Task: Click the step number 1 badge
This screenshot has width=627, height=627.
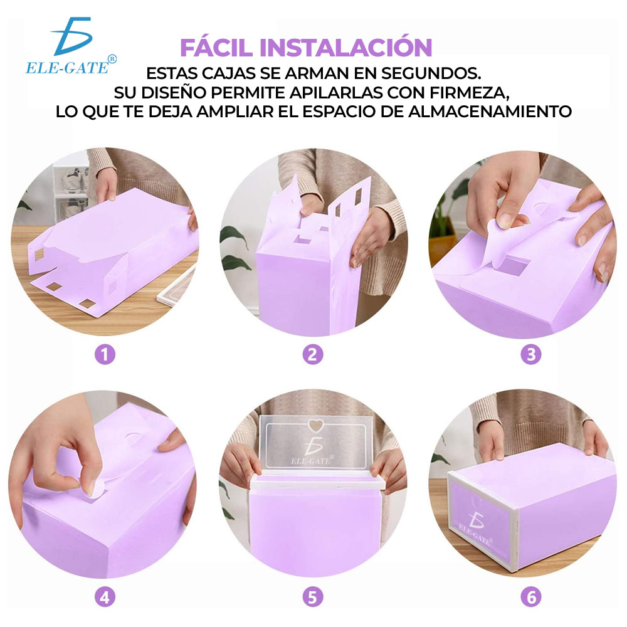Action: pos(105,354)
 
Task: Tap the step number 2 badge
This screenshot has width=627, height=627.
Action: pos(313,354)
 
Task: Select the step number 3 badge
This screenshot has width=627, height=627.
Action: pos(531,354)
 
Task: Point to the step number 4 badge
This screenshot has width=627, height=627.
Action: pos(105,598)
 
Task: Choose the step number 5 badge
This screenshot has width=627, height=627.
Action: pos(313,598)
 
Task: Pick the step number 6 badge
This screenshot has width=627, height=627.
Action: pos(531,598)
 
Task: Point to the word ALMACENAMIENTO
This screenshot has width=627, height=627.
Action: pos(490,112)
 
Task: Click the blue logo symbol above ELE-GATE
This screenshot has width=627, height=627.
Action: pos(72,36)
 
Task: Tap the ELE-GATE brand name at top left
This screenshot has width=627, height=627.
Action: pos(67,68)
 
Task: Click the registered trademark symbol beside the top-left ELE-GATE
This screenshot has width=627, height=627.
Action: pos(112,59)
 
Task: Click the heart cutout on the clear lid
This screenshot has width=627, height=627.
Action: pos(315,426)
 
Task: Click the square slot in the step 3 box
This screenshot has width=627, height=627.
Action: pos(514,266)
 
